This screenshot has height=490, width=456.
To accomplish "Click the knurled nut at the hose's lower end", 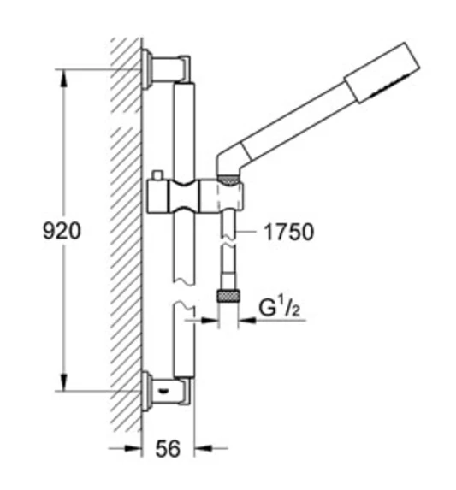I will point(228,296).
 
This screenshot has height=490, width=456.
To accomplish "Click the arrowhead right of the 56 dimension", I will point(200,447).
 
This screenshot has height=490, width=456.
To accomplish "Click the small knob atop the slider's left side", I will point(157,176).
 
